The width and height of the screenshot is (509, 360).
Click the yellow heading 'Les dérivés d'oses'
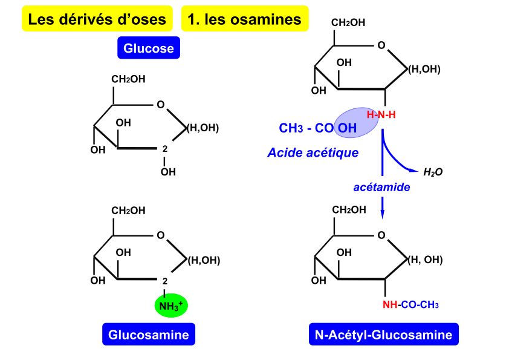click(x=97, y=19)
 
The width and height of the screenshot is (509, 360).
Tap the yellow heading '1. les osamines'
click(x=244, y=19)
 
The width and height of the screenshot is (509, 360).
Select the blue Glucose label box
click(x=149, y=48)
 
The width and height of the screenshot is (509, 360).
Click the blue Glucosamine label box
click(x=149, y=335)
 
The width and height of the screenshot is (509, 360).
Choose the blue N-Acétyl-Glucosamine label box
click(x=384, y=335)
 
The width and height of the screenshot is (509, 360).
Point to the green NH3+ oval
click(x=171, y=306)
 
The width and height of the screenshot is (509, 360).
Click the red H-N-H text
click(x=381, y=115)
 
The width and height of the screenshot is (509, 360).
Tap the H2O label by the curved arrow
click(x=433, y=172)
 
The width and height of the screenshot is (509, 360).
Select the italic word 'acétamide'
click(x=382, y=187)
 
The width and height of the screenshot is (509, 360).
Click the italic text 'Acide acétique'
click(x=313, y=152)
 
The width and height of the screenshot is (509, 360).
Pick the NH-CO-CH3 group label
click(x=410, y=305)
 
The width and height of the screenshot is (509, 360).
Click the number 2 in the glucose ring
click(x=165, y=149)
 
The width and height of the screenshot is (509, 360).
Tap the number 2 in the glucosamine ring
click(x=165, y=281)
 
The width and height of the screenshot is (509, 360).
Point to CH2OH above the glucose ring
click(x=128, y=79)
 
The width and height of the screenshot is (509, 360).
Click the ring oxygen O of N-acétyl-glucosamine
click(x=381, y=235)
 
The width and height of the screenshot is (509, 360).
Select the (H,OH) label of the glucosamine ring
click(x=204, y=260)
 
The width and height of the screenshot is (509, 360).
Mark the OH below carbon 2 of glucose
click(x=168, y=172)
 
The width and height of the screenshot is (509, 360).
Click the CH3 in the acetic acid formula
click(x=291, y=128)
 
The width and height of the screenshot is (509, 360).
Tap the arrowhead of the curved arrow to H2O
click(x=414, y=170)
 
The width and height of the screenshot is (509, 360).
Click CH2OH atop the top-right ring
click(x=348, y=22)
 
